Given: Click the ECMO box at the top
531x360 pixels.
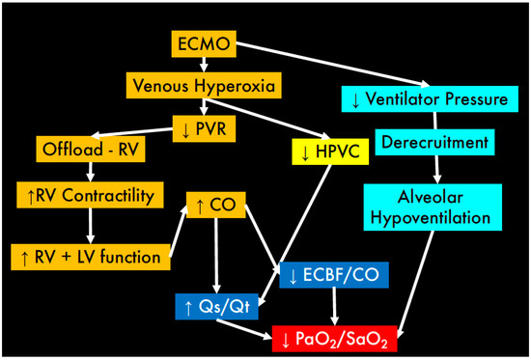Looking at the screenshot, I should pyautogui.click(x=203, y=44).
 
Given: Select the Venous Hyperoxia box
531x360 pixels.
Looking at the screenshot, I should pyautogui.click(x=203, y=87).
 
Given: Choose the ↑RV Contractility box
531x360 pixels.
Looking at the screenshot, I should pyautogui.click(x=86, y=197).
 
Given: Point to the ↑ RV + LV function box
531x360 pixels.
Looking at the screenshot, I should pyautogui.click(x=91, y=257).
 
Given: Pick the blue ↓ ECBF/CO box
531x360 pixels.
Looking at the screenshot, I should pyautogui.click(x=332, y=274).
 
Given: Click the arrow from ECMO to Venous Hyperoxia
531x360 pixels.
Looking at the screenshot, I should pyautogui.click(x=203, y=66).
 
